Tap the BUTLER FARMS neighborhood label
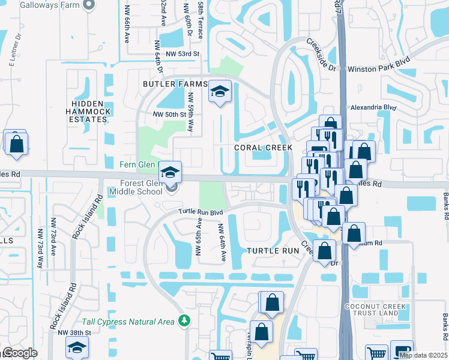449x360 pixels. (x=175, y=84)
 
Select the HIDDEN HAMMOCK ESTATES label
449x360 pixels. (x=88, y=112)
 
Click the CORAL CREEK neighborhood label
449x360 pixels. (x=263, y=148)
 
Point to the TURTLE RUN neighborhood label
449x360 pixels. (x=273, y=250)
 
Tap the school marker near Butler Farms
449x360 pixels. (x=220, y=93)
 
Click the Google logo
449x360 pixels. (x=20, y=353)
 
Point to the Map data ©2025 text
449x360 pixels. (x=423, y=355)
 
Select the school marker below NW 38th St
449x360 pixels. (x=77, y=349)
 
